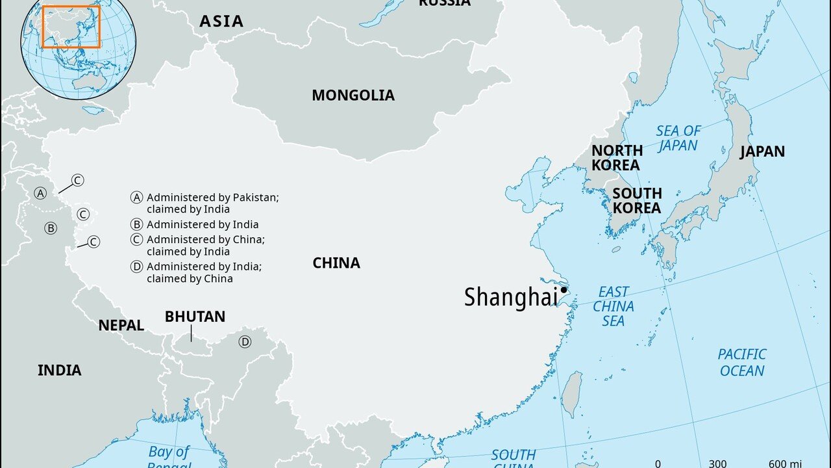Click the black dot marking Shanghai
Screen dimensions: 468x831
(x=564, y=290)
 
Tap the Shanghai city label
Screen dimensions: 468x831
(x=511, y=297)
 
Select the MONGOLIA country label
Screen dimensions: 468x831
(x=353, y=96)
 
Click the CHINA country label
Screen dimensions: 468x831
(x=336, y=263)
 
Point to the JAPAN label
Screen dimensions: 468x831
(x=762, y=151)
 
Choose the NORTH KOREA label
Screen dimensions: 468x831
(x=616, y=158)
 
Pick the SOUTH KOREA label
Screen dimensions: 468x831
(x=637, y=201)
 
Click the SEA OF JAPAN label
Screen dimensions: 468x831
(x=678, y=138)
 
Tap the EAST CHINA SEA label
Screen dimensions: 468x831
(x=614, y=306)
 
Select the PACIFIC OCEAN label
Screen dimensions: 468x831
(x=742, y=363)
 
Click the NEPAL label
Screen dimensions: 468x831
(x=121, y=326)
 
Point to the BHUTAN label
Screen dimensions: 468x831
(x=195, y=317)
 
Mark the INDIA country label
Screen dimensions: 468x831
(x=60, y=370)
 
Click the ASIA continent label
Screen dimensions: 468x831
(x=221, y=21)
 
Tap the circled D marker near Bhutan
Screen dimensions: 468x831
(x=245, y=342)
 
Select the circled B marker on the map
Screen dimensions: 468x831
(x=51, y=228)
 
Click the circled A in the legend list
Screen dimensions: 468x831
(x=136, y=198)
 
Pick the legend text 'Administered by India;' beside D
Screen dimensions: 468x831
(x=204, y=266)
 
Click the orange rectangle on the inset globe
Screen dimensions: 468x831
(x=71, y=27)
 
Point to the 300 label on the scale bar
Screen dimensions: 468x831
(x=717, y=463)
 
